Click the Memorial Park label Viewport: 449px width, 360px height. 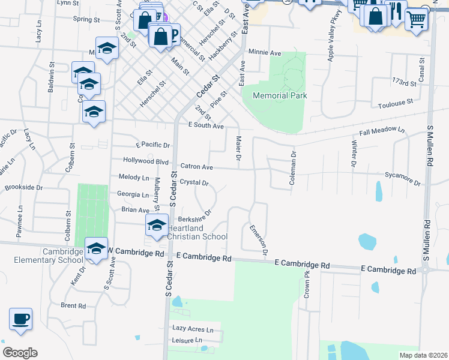pos(280,95)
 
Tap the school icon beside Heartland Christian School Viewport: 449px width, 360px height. pos(157,226)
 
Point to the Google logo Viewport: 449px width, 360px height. pos(20,353)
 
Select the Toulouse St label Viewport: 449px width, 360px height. pos(396,104)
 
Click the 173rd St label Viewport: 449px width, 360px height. pos(403,82)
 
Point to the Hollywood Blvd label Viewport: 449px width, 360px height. pos(145,161)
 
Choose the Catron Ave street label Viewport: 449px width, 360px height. pos(197,166)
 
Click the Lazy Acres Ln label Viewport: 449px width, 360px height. pos(193,329)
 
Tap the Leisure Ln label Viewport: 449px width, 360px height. pos(187,340)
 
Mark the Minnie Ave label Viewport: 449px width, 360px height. pos(265,53)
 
